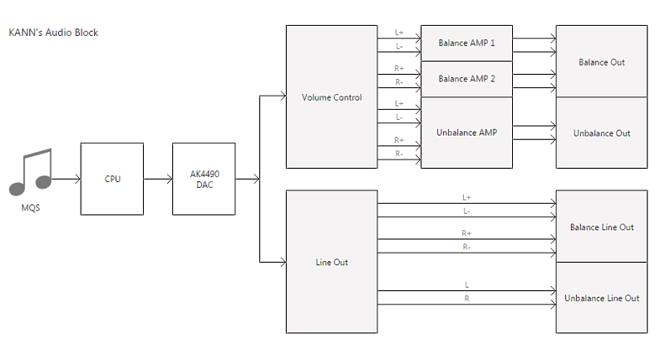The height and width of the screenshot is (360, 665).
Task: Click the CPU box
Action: tap(112, 179)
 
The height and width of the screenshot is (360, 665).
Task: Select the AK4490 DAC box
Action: tap(204, 179)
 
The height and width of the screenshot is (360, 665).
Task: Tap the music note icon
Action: tap(31, 172)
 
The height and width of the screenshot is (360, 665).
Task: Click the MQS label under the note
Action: tap(31, 208)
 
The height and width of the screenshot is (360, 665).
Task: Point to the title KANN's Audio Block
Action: tap(53, 32)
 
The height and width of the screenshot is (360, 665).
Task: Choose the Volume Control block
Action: tap(332, 96)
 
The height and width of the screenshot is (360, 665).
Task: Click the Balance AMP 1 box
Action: tap(466, 43)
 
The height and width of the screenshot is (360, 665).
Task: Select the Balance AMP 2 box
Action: tap(466, 79)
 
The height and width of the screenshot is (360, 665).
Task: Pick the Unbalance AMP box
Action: tap(466, 133)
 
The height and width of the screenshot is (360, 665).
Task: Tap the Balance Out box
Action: tap(601, 61)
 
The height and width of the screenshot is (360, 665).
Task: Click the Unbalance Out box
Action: tap(601, 133)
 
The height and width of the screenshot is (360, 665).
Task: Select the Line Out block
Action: tap(332, 262)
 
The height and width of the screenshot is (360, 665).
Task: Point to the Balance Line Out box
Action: tap(601, 226)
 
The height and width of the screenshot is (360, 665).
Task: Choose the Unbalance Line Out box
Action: tap(601, 298)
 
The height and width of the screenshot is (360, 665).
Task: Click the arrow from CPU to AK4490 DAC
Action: tap(158, 179)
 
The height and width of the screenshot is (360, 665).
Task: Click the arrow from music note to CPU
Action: tap(66, 179)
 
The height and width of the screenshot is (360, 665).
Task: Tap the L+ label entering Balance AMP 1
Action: tap(399, 32)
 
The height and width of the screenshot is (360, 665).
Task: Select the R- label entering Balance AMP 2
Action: tap(399, 81)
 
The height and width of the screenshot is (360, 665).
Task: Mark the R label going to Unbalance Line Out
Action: tap(466, 298)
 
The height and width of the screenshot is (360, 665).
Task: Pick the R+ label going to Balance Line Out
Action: tap(466, 234)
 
